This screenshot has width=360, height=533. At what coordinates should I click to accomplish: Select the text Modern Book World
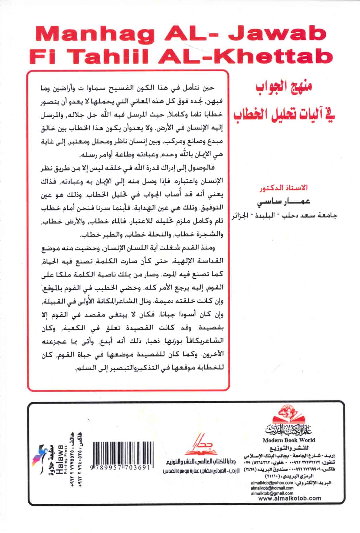289,440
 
